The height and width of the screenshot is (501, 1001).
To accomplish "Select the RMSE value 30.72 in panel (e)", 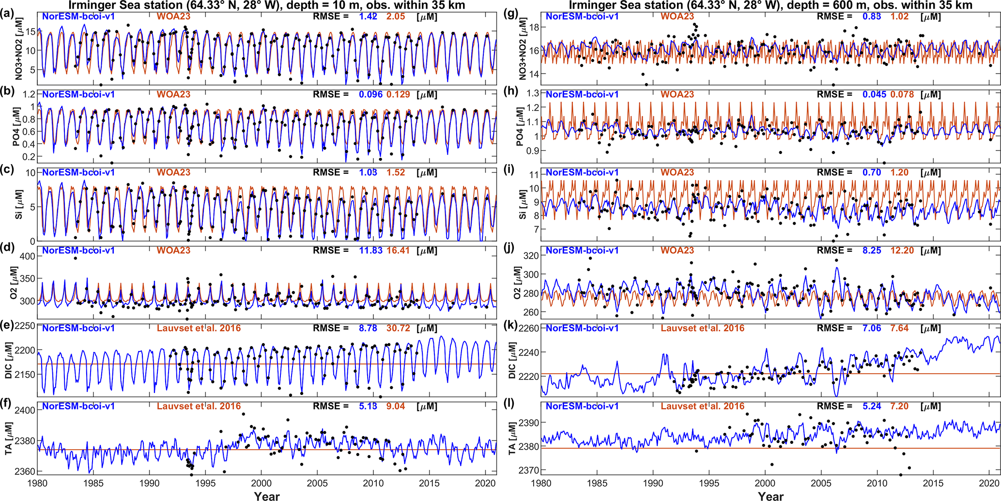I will (398, 328).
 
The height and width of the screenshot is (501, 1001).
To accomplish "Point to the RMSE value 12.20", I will (902, 250).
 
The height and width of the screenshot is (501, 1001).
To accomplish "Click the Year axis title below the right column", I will (770, 495).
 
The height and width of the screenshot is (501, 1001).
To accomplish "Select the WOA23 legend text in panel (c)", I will (173, 172).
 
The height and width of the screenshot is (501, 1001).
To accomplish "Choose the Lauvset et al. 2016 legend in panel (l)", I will (702, 406).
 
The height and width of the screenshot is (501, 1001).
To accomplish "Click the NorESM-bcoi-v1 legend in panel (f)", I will (78, 406).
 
